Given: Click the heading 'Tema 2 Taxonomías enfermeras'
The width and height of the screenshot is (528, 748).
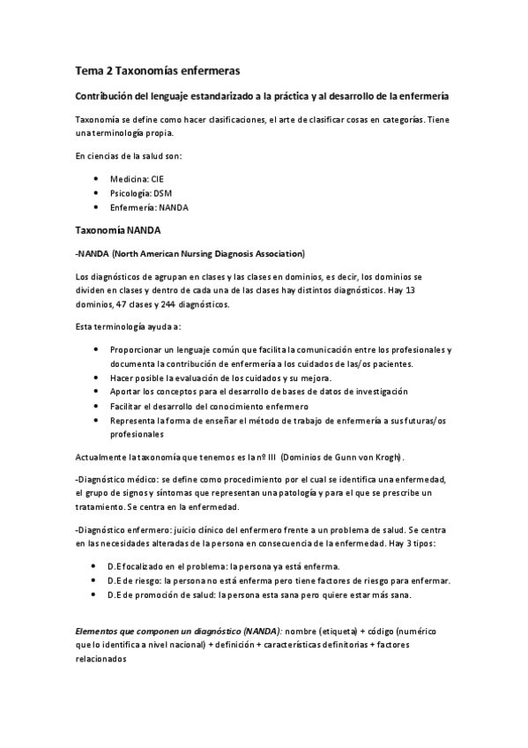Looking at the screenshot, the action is [158, 70].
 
